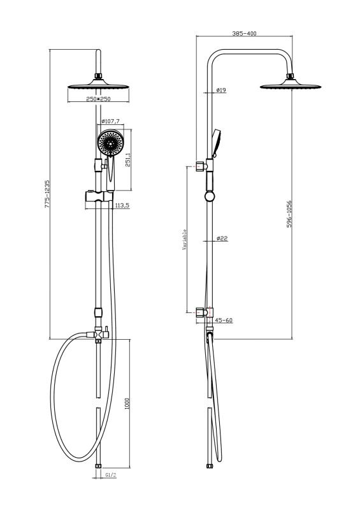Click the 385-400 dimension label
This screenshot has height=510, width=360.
pos(244,34)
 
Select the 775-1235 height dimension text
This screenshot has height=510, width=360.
pos(47,194)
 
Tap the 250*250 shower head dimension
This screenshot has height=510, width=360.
pos(98,99)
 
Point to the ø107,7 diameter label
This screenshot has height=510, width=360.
pos(110,121)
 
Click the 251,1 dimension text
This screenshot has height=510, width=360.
pos(128,160)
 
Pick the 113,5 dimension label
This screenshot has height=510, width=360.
pos(122,205)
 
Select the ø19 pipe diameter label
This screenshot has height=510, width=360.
pos(221,90)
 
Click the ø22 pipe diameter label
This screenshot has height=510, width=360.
pos(222,238)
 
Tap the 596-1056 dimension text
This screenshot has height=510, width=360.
pos(289,214)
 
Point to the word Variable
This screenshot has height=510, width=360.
pos(184,240)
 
